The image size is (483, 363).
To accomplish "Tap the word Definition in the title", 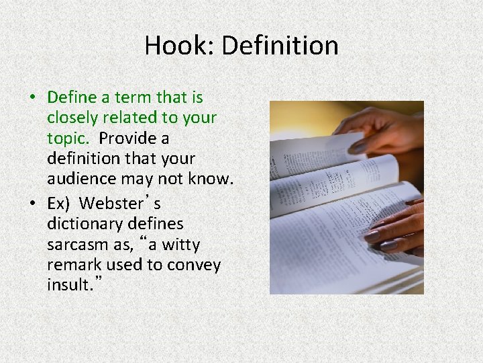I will (280, 46).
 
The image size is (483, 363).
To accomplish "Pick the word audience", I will (80, 179).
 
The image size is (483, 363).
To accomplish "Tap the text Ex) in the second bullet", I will (58, 202).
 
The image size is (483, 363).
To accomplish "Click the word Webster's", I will (119, 202).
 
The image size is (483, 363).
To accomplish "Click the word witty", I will (180, 244).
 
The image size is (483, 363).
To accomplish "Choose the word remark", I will (73, 265).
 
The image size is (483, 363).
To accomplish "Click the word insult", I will (67, 285).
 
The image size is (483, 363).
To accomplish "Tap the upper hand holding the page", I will (382, 131).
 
